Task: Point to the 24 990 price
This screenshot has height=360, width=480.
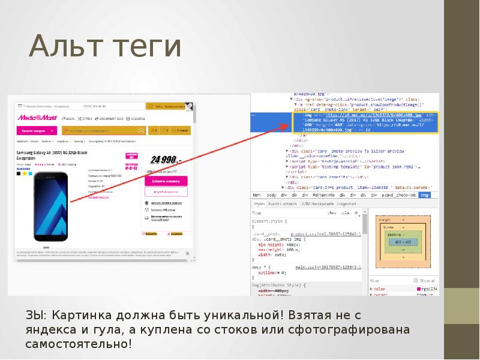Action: click(164, 160)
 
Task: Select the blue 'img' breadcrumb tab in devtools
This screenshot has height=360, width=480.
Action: click(424, 195)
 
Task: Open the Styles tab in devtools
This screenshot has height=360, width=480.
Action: click(259, 204)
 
